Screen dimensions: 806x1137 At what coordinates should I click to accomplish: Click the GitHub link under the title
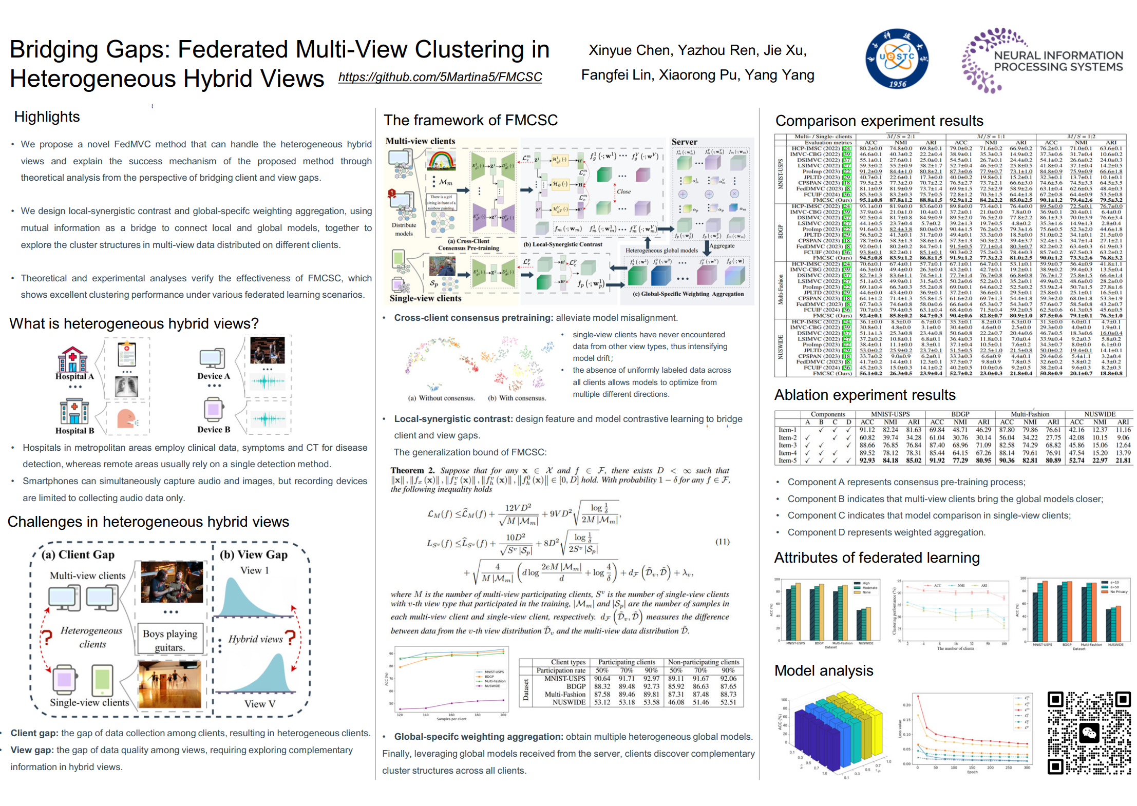[440, 77]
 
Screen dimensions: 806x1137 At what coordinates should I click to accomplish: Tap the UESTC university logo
[897, 59]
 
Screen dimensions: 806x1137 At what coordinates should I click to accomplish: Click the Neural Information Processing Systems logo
[1043, 61]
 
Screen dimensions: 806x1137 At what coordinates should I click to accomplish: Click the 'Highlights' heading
[47, 117]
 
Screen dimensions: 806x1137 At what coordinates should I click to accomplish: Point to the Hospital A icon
[72, 359]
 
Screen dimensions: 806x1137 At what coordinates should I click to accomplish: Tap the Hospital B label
[74, 431]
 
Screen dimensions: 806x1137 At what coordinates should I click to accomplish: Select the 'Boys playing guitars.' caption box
[169, 640]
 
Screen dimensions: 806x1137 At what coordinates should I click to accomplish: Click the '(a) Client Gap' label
[78, 554]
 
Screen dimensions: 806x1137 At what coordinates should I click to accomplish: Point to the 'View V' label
[260, 704]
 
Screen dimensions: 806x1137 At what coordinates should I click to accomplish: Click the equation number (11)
[722, 542]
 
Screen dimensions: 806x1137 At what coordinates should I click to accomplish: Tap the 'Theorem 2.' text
[412, 470]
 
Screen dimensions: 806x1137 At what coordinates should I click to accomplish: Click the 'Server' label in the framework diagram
[684, 142]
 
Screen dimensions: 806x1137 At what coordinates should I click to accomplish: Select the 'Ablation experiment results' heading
[865, 395]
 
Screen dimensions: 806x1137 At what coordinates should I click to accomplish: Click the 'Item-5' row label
[787, 460]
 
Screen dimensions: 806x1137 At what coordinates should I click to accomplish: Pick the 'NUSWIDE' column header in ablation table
[1100, 414]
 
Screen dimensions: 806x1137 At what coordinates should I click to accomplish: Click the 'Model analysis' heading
[824, 670]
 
